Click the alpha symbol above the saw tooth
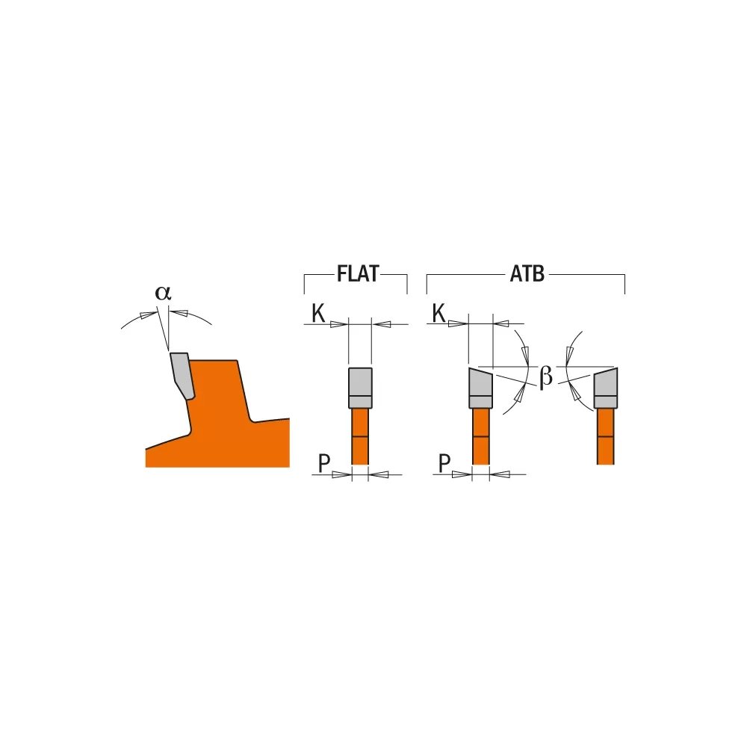(163, 293)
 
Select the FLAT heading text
(358, 274)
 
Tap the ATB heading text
(527, 274)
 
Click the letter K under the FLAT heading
(318, 314)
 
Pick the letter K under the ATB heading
(438, 314)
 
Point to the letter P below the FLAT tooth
(323, 464)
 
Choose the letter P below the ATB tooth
(444, 464)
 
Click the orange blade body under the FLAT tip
(360, 437)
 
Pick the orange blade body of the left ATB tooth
(480, 437)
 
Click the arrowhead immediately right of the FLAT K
(340, 324)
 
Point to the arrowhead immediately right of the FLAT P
(342, 474)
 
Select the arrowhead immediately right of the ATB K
(457, 324)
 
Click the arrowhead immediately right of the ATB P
(463, 474)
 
